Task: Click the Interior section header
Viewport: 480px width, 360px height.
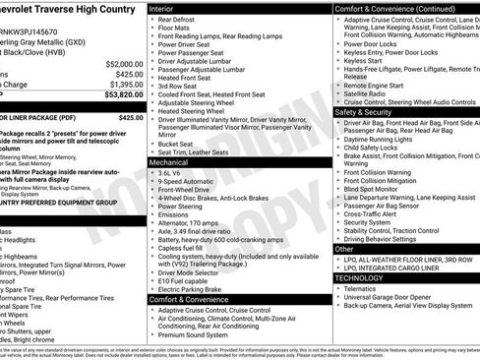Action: pos(168,8)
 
